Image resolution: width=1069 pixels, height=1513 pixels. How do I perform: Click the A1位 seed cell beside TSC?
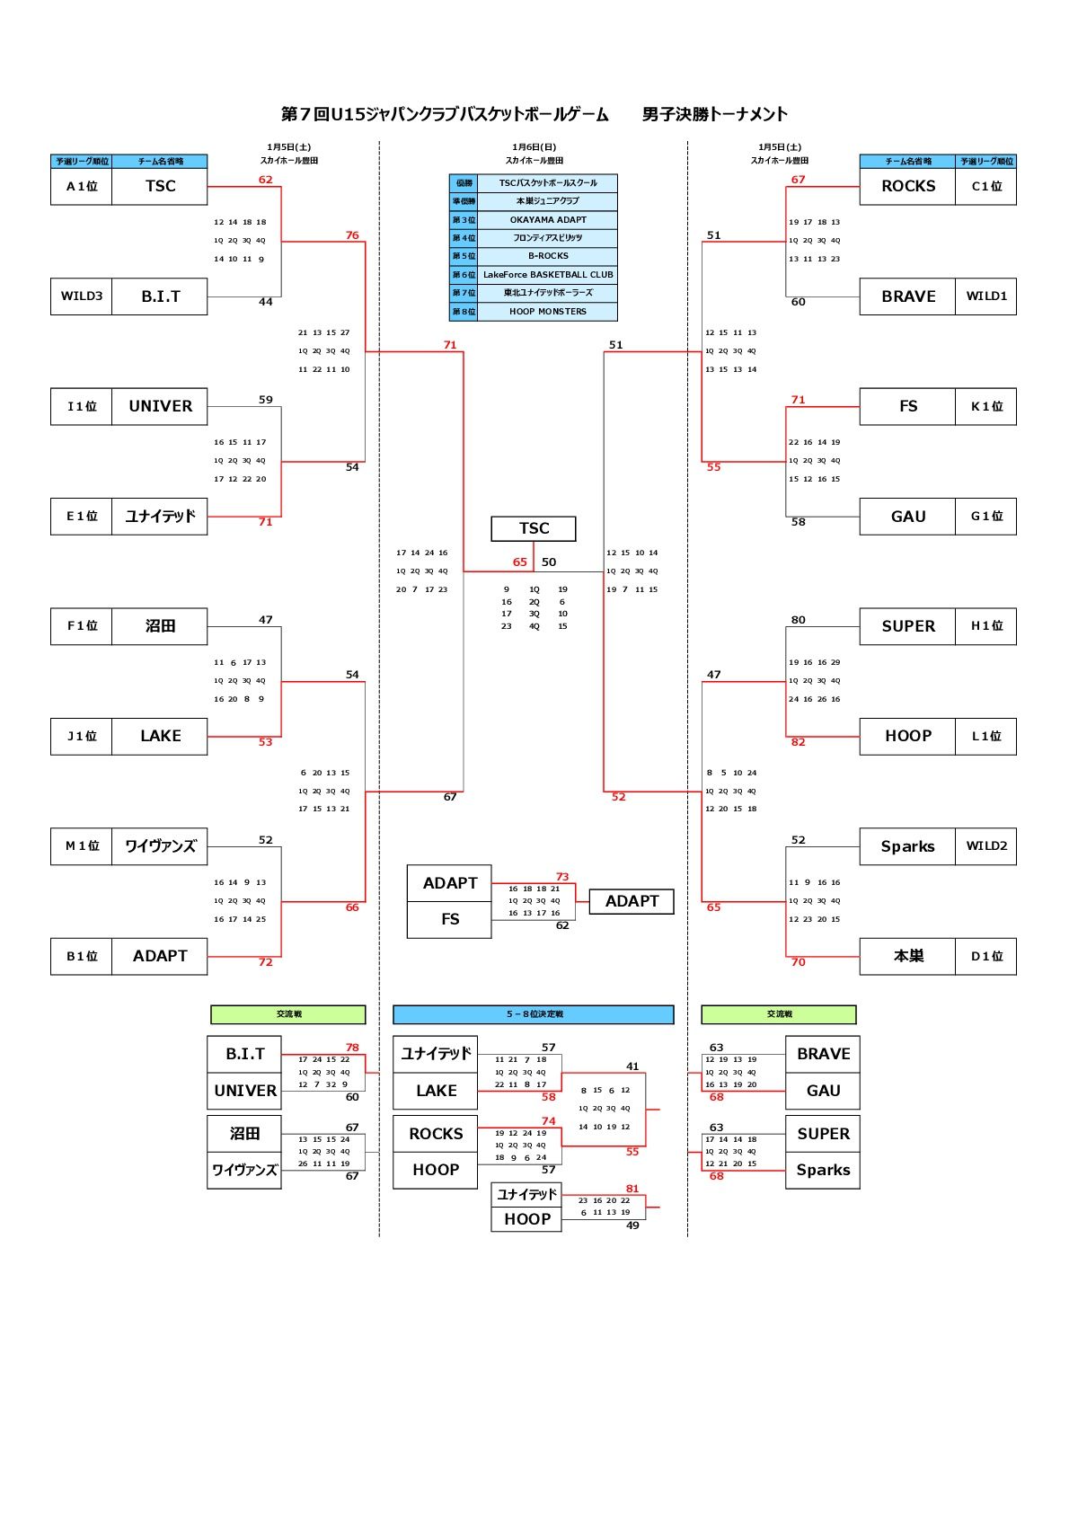coord(82,187)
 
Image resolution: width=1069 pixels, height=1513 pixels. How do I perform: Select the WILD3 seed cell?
coord(82,296)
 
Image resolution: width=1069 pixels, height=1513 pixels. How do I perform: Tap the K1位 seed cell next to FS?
coord(985,407)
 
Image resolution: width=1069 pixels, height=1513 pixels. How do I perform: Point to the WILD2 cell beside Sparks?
coord(985,846)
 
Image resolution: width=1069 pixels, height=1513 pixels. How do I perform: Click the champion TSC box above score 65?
coord(534,528)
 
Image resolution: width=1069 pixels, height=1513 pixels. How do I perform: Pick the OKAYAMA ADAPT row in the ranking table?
coord(547,220)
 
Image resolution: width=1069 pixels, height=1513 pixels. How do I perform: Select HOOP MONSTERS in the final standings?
coord(547,312)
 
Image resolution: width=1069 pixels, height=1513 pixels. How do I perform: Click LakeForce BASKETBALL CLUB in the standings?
coord(547,275)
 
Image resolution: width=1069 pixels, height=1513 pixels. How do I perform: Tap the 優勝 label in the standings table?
coord(464,183)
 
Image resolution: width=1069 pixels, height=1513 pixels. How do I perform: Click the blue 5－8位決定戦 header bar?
coord(534,1014)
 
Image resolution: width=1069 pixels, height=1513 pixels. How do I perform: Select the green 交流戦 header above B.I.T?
coord(288,1014)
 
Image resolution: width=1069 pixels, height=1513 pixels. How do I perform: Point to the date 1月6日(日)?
coord(534,147)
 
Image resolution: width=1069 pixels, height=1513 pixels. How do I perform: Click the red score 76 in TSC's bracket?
coord(352,235)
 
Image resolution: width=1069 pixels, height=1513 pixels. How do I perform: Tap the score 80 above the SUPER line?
coord(798,620)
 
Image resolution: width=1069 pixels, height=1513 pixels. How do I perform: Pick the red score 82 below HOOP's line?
coord(798,742)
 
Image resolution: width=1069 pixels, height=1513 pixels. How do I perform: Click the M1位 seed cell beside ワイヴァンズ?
coord(82,846)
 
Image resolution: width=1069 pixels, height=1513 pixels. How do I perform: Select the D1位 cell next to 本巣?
coord(985,957)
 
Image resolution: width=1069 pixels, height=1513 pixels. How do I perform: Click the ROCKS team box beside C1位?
coord(907,187)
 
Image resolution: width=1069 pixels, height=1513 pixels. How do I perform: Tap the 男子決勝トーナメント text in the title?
coord(715,114)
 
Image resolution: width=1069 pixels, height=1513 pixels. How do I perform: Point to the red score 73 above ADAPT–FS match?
coord(562,877)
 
